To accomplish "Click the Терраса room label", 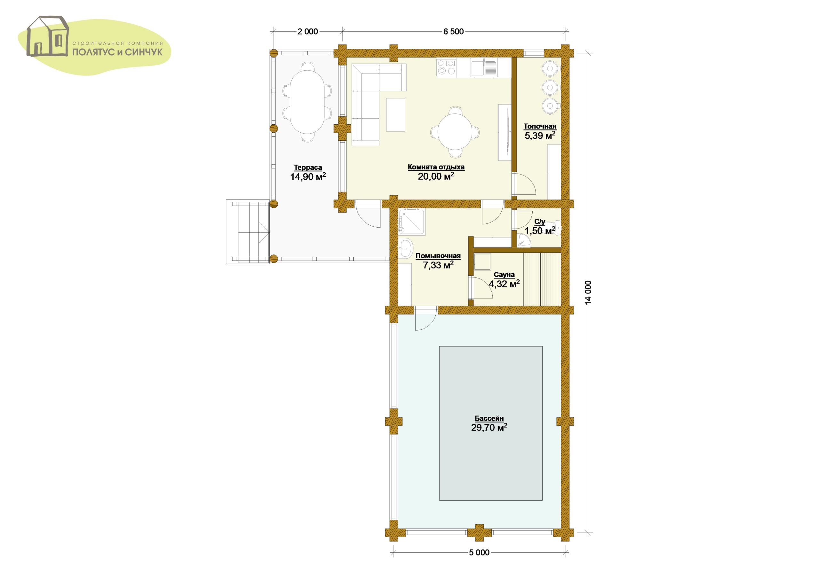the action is (308, 167).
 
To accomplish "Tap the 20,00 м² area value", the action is (436, 176).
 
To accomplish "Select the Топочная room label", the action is (540, 127).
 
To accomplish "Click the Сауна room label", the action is (504, 275).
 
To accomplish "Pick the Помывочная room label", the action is (438, 256).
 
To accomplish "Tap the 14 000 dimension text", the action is (588, 292).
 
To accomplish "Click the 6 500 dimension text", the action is (453, 32).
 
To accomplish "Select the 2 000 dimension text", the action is (308, 32).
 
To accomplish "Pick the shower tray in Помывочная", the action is (412, 222).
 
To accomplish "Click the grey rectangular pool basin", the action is (490, 423).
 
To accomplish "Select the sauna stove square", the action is (482, 262).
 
